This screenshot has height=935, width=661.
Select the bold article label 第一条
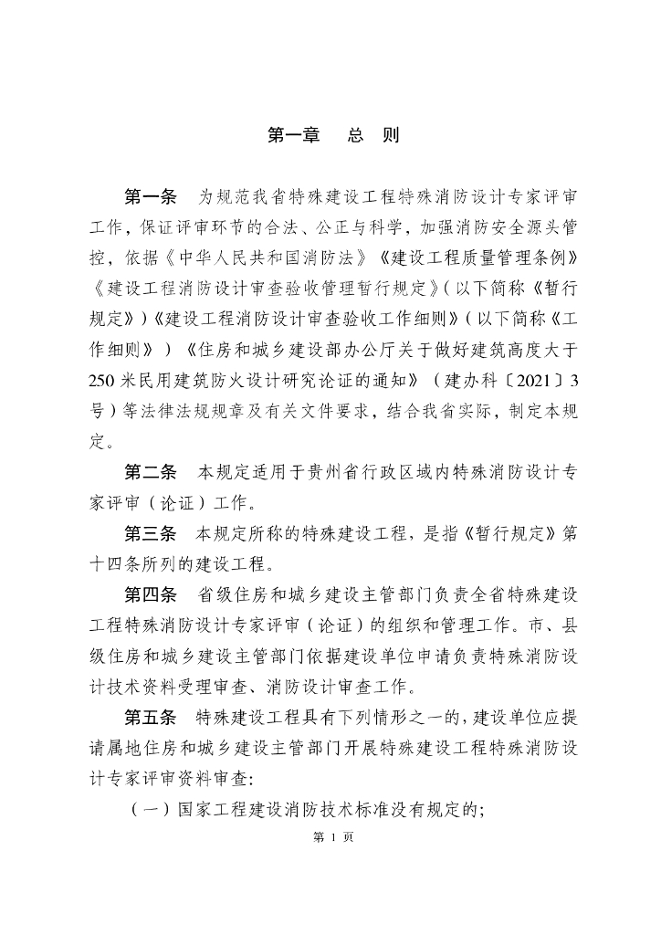pos(150,197)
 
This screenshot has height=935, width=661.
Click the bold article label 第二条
pos(150,473)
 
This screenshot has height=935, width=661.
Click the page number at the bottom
pos(330,836)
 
